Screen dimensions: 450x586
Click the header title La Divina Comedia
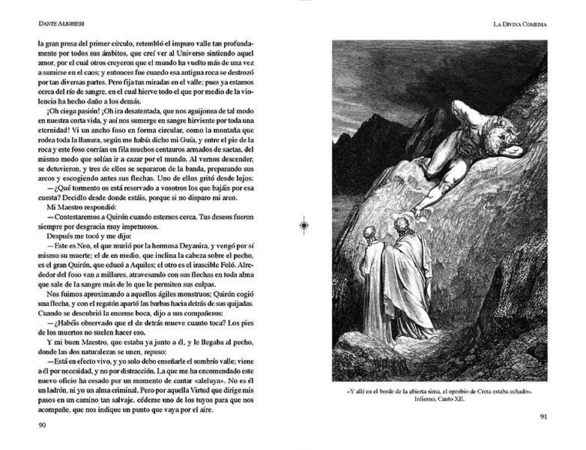click(x=515, y=24)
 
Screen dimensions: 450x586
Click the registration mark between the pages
click(x=303, y=224)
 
